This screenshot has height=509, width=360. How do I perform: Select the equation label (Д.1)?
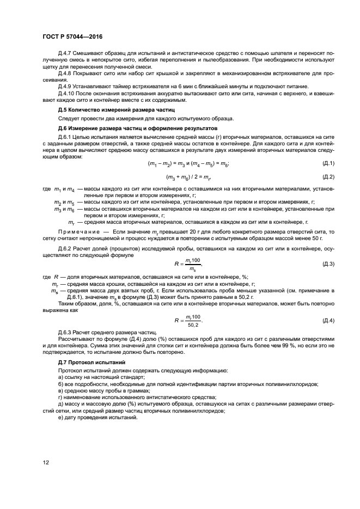click(328, 163)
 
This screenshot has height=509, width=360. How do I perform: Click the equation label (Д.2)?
click(328, 176)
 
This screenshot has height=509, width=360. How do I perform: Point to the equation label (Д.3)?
click(328, 263)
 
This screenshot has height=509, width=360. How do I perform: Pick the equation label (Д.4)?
click(328, 320)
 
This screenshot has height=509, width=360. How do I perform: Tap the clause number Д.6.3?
click(65, 332)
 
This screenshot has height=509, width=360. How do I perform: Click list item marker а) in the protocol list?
click(60, 377)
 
